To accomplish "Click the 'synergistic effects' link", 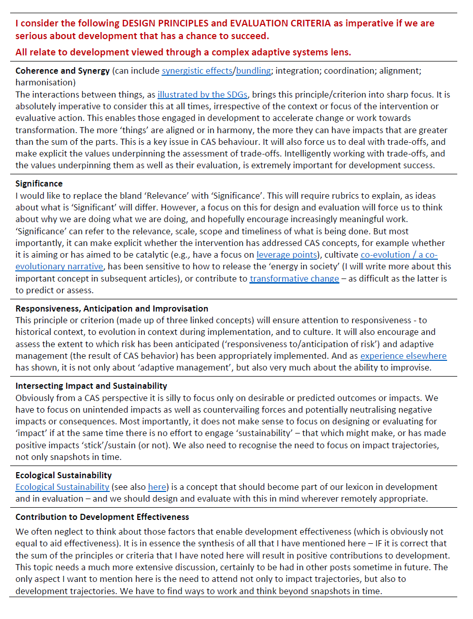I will point(197,71).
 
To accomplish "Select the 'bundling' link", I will point(253,71).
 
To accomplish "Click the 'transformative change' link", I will point(294,278).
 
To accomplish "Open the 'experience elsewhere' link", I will point(403,356).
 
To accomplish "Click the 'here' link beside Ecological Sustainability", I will point(157,487).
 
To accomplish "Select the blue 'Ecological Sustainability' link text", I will point(62,487).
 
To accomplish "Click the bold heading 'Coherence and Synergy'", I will point(62,71).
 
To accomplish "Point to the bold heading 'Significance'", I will point(39,183).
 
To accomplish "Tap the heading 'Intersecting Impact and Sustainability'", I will point(91,386).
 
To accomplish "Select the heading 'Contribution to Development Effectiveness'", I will point(102,517).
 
